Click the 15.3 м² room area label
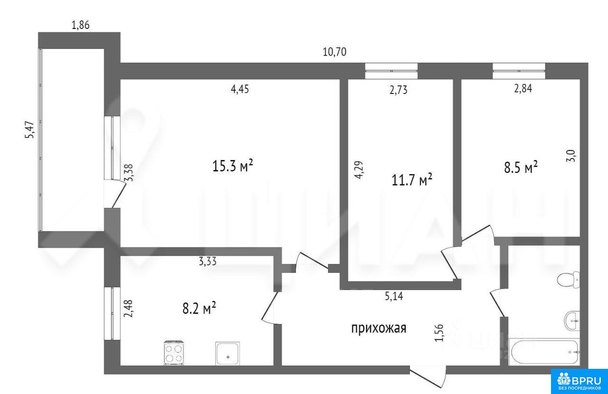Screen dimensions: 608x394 [x=233, y=166]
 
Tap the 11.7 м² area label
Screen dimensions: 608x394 [x=412, y=179]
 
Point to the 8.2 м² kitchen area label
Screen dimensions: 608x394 [x=199, y=308]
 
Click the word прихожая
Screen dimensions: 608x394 [x=379, y=328]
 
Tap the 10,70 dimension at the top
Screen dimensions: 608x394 [x=334, y=52]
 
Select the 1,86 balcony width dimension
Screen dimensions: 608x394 [x=80, y=25]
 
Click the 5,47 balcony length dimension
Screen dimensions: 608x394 [x=30, y=130]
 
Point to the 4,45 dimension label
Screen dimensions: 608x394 [x=240, y=89]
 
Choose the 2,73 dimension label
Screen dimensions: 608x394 [x=399, y=90]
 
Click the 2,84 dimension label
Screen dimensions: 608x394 [x=523, y=89]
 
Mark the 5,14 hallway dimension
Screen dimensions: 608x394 [x=394, y=296]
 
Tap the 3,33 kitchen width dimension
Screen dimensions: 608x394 [x=208, y=262]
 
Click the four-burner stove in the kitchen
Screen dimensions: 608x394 [x=174, y=353]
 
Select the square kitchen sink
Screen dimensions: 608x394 [x=228, y=353]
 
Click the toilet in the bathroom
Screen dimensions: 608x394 [x=568, y=279]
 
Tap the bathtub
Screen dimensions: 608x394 [x=544, y=352]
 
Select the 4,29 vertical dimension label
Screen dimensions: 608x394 [x=359, y=170]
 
